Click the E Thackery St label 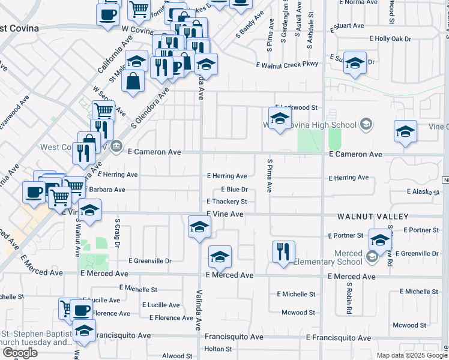click(226, 202)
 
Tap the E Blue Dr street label click(234, 190)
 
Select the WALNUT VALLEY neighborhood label click(373, 217)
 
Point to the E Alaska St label click(423, 192)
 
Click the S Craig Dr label click(117, 233)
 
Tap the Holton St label click(218, 349)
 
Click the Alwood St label click(176, 356)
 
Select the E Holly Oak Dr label click(390, 39)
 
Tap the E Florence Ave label click(171, 318)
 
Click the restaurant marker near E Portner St click(283, 251)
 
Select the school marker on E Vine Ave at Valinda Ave click(199, 226)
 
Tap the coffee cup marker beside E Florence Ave click(81, 310)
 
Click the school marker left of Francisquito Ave click(84, 331)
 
